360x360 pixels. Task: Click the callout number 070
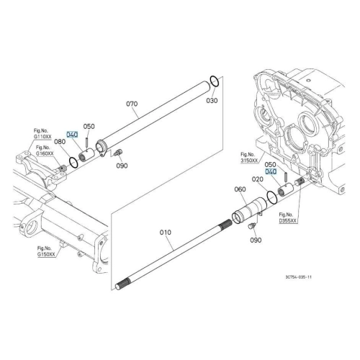coord(132,104)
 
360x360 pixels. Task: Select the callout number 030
coord(212,100)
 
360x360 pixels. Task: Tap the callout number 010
coord(166,233)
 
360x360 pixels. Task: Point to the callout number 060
coord(240,189)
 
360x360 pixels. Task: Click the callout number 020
coord(258,179)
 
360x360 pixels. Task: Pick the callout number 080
coord(60,142)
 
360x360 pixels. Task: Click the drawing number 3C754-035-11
coord(299,277)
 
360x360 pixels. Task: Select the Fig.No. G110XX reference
coord(42,134)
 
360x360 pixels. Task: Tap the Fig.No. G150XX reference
coord(46,251)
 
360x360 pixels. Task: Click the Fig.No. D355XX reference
coord(288,217)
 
